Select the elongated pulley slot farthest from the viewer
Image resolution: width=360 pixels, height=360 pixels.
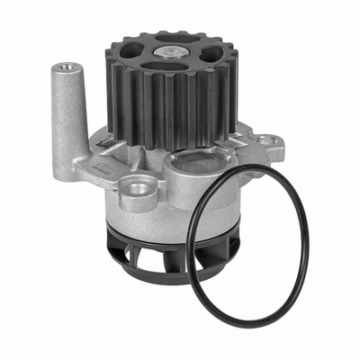point(171,39)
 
